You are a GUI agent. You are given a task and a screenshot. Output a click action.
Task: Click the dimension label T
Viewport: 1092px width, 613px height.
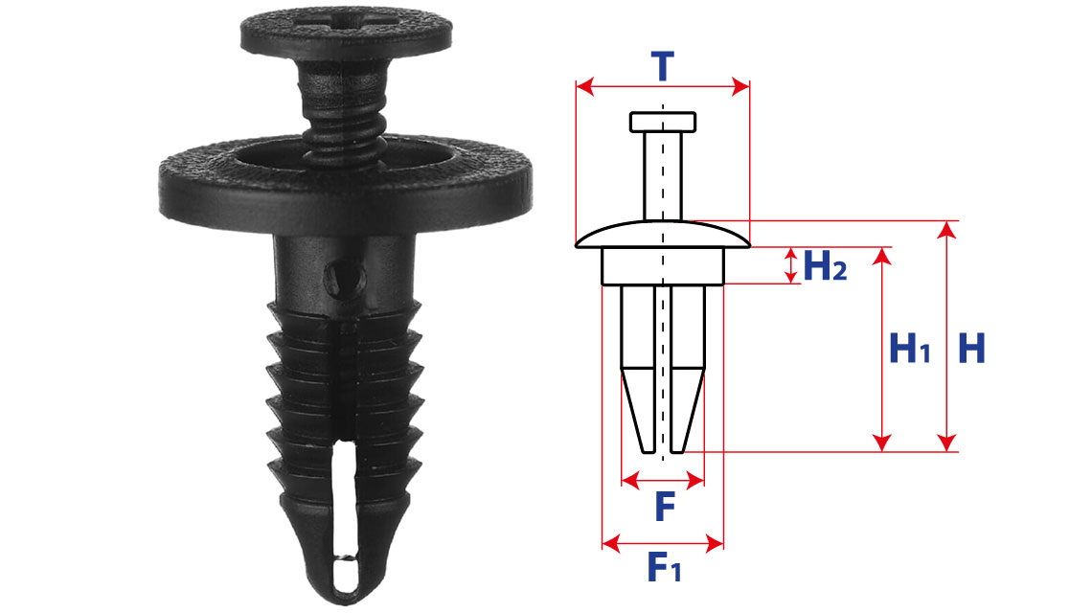[662, 67]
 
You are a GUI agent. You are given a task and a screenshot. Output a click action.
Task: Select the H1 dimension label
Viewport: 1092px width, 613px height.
[910, 349]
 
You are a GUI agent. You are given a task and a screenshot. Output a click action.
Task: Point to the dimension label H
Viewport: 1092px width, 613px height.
[971, 349]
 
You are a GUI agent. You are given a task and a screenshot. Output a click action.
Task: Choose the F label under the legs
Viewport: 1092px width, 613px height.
[665, 507]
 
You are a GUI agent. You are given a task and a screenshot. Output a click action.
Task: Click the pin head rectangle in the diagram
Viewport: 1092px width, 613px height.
[663, 122]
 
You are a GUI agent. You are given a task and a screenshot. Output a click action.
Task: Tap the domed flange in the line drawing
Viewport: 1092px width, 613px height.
[663, 234]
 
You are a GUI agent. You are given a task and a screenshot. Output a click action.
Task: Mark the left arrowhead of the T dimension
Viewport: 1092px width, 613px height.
[584, 87]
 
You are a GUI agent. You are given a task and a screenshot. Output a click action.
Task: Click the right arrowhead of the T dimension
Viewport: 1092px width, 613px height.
[740, 87]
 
